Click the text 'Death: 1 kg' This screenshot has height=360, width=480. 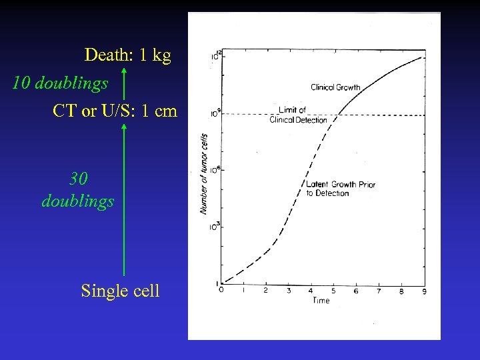coord(127,55)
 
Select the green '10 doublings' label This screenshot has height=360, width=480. coord(60,83)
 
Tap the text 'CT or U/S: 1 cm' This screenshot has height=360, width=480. coord(115,111)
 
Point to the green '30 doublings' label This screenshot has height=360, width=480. coord(78,190)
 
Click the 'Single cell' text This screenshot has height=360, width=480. coord(120,291)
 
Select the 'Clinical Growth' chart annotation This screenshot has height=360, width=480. coord(335,87)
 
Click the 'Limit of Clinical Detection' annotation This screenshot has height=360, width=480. coord(298,115)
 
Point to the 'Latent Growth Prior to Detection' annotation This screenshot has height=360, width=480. coord(340,189)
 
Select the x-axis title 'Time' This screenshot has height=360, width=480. coord(321,301)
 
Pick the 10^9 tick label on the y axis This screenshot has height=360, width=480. coord(215,113)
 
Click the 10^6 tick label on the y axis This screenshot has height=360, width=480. coord(215,170)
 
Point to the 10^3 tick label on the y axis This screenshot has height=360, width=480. coord(215,227)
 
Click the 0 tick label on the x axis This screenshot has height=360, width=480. coord(221,291)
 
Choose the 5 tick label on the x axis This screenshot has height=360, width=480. coord(333,291)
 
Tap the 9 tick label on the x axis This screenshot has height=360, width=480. coord(424,291)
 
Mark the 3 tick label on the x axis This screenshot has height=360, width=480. coord(289,291)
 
